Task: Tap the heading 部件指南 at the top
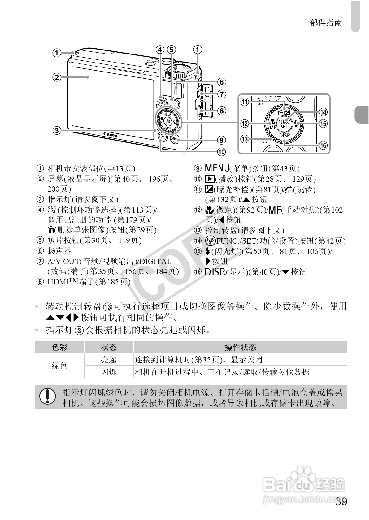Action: tap(326, 23)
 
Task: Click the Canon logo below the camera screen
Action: tap(111, 135)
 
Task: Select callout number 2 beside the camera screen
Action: tap(56, 77)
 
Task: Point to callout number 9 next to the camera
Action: tap(221, 140)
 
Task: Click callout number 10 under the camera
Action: tap(221, 152)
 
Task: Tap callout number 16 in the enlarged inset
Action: tap(323, 145)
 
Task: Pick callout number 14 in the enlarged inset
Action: tap(323, 112)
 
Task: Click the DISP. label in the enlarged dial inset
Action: tap(284, 136)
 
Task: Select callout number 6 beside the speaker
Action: tap(221, 82)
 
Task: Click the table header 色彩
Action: tap(59, 347)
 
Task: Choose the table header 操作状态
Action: tap(240, 347)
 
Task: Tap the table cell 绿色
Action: tap(59, 366)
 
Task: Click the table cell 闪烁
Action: tap(109, 372)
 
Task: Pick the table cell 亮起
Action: tap(109, 360)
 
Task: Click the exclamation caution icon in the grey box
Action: tap(47, 397)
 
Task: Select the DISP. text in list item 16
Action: tap(215, 272)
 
